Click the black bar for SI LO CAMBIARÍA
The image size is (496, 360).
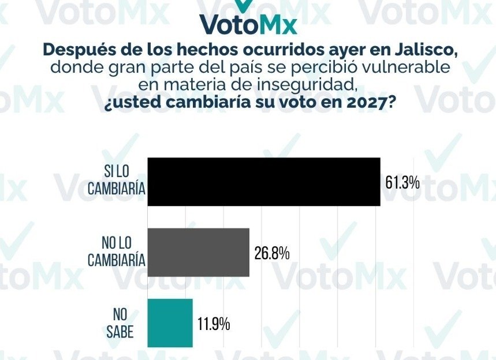(264, 181)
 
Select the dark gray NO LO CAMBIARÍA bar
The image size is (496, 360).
(198, 252)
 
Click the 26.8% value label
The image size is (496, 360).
(271, 253)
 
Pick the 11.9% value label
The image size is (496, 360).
(214, 324)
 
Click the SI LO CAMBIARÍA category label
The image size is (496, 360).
(116, 182)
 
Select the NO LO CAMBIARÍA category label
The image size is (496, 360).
(116, 252)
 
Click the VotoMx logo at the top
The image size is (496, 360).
(249, 20)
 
